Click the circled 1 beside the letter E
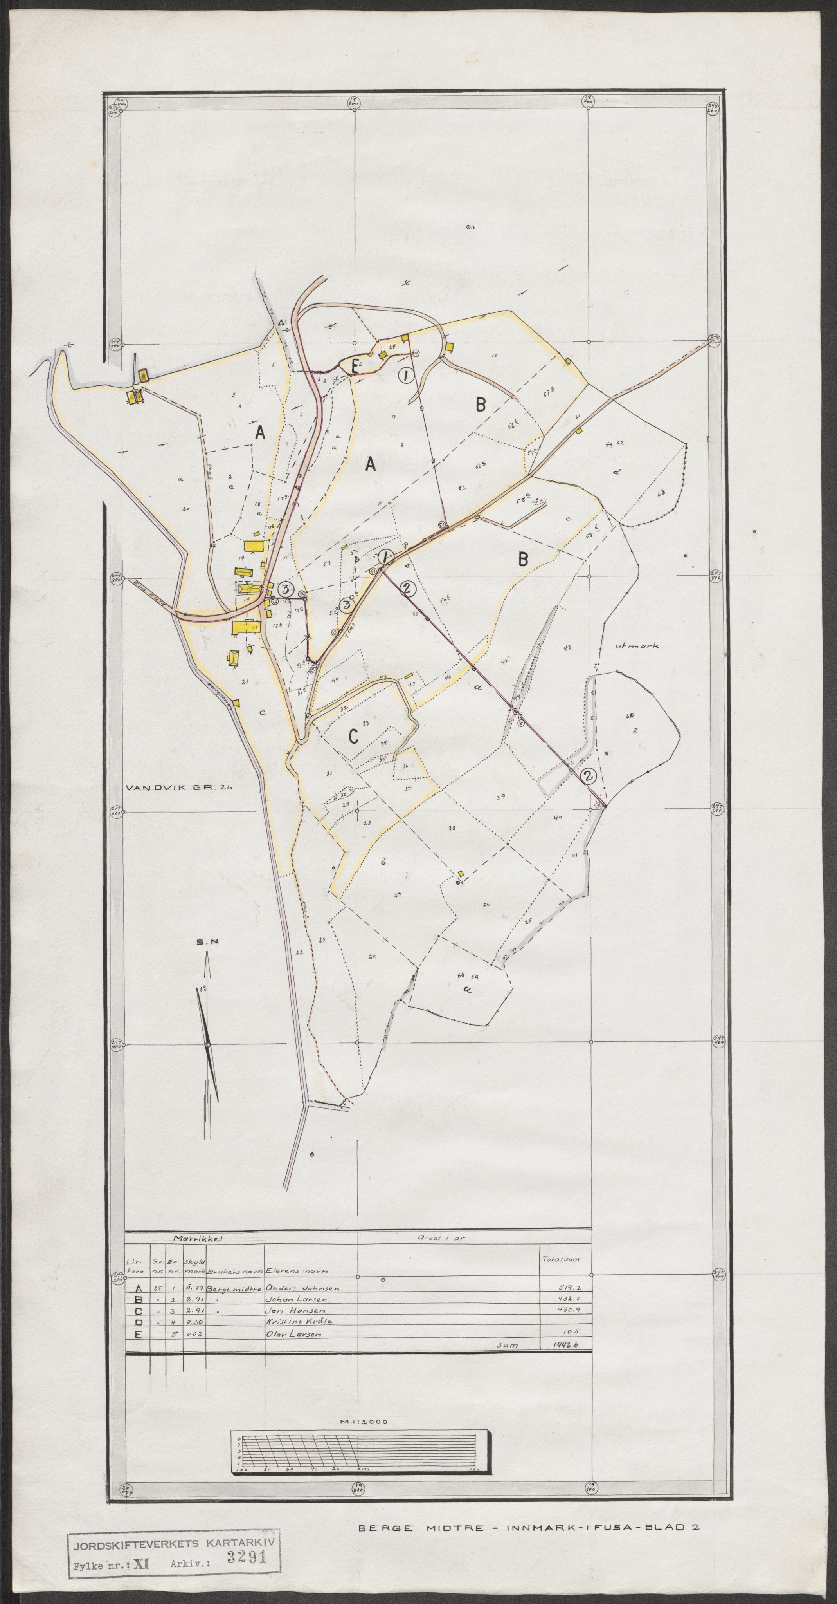(405, 376)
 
